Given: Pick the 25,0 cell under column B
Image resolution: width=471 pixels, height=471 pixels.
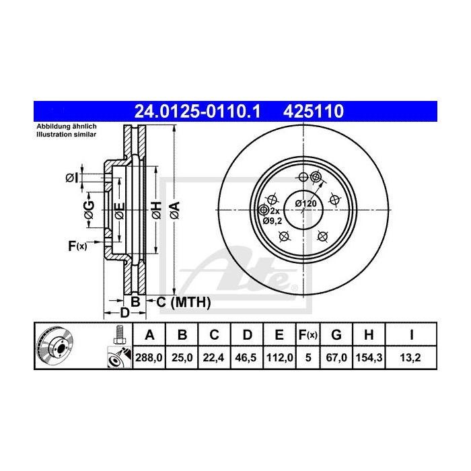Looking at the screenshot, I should pyautogui.click(x=182, y=357).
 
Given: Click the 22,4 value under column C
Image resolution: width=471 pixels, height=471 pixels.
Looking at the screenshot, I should pyautogui.click(x=213, y=357).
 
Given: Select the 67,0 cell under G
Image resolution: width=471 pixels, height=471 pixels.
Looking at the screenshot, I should pyautogui.click(x=338, y=357).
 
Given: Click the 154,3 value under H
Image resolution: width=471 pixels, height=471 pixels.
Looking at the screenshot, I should pyautogui.click(x=370, y=357).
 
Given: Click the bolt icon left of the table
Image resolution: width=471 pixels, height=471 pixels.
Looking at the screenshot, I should pyautogui.click(x=118, y=334).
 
